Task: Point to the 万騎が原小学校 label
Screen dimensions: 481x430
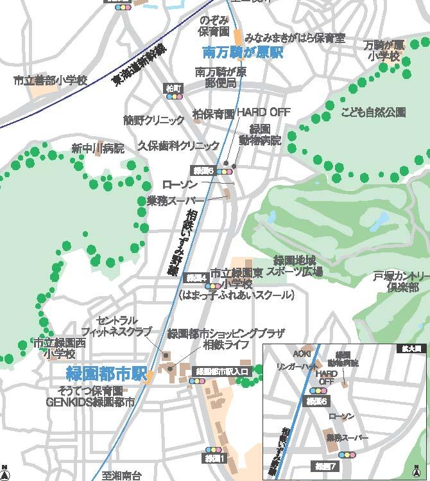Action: point(384,51)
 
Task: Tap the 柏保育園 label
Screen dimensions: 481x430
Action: point(214,114)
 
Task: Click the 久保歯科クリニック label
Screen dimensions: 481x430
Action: point(174,146)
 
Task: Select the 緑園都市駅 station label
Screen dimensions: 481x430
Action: point(107,373)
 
